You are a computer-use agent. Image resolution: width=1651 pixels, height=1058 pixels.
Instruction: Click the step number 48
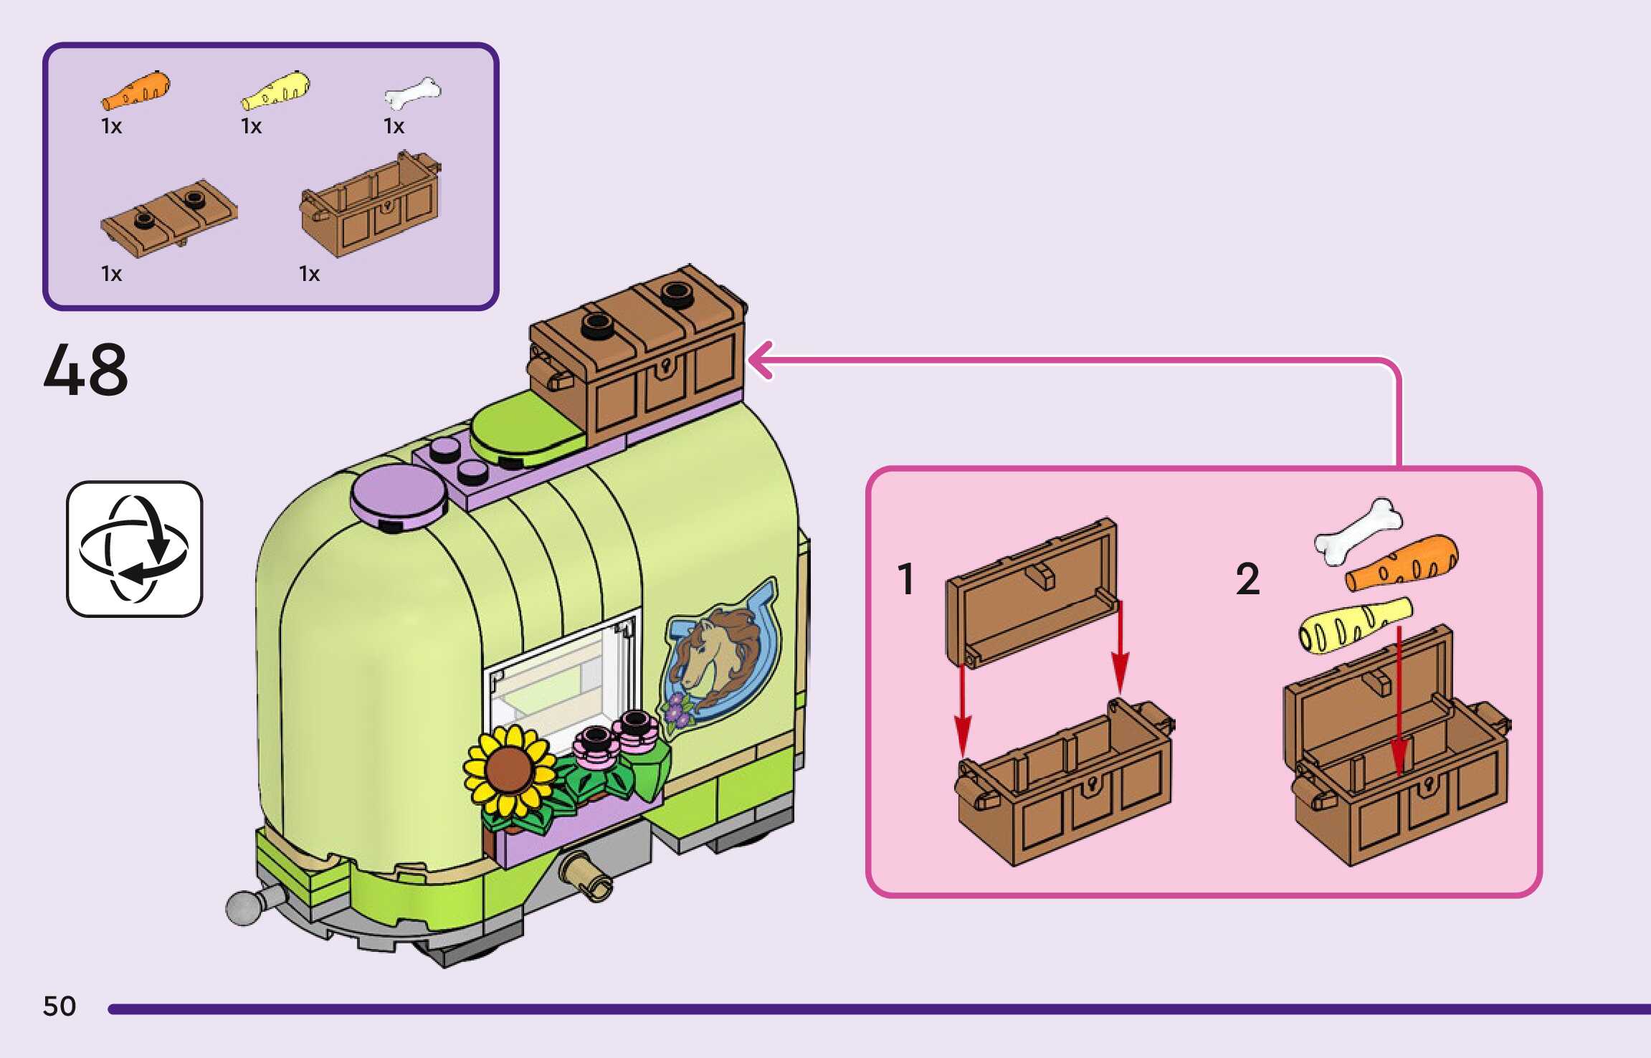click(86, 370)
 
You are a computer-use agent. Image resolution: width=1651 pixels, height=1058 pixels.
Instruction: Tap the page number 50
click(60, 1006)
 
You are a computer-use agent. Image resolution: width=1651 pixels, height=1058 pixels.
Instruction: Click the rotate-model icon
click(135, 548)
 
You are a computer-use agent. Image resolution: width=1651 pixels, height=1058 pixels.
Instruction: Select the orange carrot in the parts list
click(136, 91)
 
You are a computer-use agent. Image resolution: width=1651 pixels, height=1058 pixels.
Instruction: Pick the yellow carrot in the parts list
click(276, 91)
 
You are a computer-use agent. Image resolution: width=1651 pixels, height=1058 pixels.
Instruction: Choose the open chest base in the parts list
click(371, 206)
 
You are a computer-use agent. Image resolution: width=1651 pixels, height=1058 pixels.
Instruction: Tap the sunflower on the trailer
click(509, 771)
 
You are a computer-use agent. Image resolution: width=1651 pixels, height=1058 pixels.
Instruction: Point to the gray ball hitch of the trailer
click(244, 907)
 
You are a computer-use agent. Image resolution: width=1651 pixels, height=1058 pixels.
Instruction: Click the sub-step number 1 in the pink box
click(906, 579)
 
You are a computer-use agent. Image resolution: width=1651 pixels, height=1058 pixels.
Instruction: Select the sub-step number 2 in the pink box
click(1247, 579)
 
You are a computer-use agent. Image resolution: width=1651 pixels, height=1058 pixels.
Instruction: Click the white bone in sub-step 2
click(1358, 530)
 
